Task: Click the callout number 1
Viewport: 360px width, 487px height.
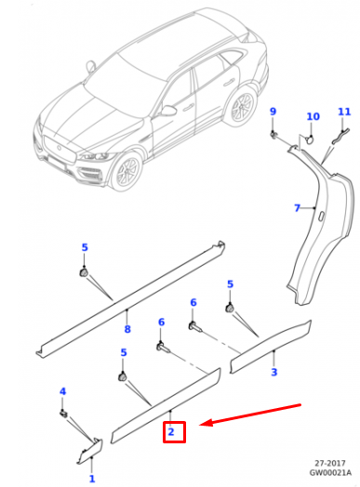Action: pyautogui.click(x=91, y=479)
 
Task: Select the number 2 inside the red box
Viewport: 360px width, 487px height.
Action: pyautogui.click(x=171, y=431)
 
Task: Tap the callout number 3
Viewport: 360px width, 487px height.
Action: pyautogui.click(x=273, y=373)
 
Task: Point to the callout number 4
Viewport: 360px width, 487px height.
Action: pyautogui.click(x=63, y=391)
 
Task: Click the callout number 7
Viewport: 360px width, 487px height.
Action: pyautogui.click(x=297, y=207)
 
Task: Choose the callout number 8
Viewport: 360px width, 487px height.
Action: pyautogui.click(x=127, y=328)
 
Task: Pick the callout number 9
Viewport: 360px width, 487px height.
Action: pyautogui.click(x=273, y=112)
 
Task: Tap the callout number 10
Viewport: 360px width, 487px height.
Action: pyautogui.click(x=313, y=117)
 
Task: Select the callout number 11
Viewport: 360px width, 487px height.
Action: pyautogui.click(x=344, y=112)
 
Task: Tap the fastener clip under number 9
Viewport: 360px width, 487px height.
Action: pyautogui.click(x=274, y=135)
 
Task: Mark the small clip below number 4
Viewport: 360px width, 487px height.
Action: pyautogui.click(x=64, y=412)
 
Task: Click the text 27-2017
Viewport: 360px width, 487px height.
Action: pyautogui.click(x=328, y=462)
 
